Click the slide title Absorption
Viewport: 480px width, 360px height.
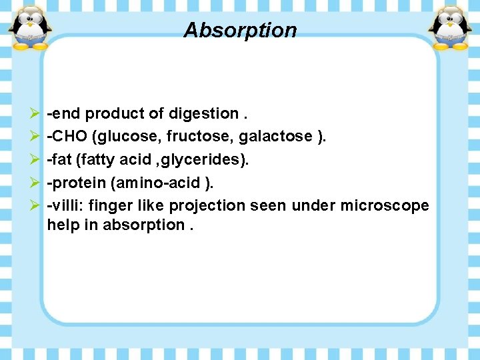(240, 30)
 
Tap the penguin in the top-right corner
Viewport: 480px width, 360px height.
(449, 28)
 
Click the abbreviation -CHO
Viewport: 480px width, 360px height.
(67, 137)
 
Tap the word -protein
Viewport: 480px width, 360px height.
(71, 183)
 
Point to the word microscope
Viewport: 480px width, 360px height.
(385, 205)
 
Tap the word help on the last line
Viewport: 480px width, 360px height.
(61, 225)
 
